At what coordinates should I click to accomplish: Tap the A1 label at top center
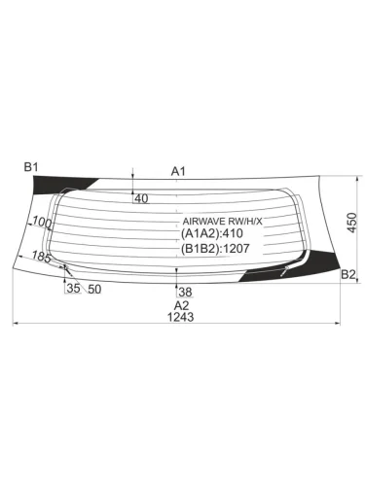(178, 171)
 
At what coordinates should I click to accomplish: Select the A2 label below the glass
(175, 303)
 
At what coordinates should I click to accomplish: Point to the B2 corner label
(348, 275)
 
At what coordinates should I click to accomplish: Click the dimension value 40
(140, 198)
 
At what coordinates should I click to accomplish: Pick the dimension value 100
(42, 224)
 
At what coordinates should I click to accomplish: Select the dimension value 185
(42, 257)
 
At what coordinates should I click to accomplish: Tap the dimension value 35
(72, 289)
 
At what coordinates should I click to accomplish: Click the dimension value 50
(94, 289)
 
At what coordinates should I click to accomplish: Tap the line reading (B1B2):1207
(217, 248)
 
